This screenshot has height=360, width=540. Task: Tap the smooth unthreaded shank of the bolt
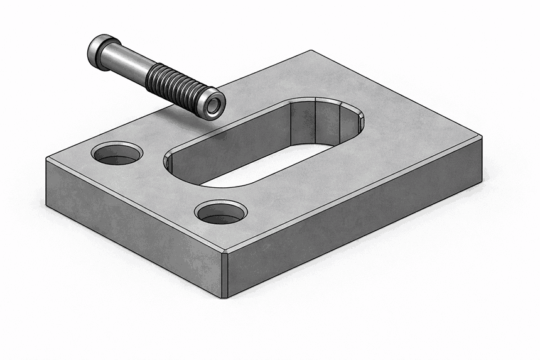pos(132,63)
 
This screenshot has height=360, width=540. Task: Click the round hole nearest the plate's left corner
pos(117,153)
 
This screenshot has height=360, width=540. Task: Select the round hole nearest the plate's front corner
pos(220,212)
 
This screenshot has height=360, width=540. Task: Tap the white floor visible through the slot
pos(251,173)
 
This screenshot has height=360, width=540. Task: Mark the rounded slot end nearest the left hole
pos(173,165)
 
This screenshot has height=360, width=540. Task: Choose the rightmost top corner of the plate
pos(482,136)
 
